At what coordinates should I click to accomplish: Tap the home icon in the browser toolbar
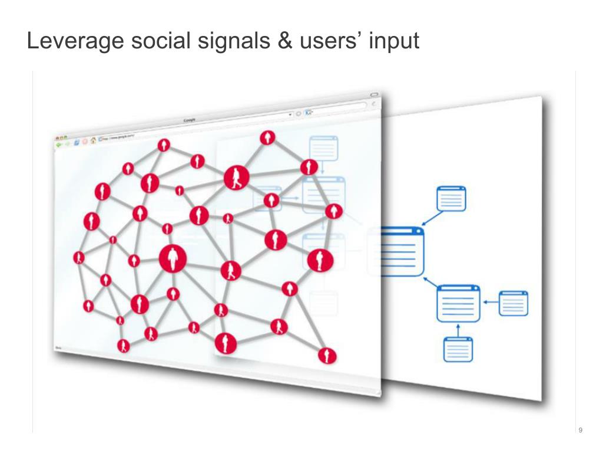93,141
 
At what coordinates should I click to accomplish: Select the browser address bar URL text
121,137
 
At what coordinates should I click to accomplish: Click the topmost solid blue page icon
451,198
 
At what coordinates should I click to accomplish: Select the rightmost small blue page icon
513,303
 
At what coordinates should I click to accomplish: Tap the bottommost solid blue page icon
458,349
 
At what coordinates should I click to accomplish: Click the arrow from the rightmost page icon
490,303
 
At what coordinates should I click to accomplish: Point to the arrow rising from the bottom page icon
458,329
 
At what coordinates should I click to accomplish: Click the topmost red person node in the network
268,137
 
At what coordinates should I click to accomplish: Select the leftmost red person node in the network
79,258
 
